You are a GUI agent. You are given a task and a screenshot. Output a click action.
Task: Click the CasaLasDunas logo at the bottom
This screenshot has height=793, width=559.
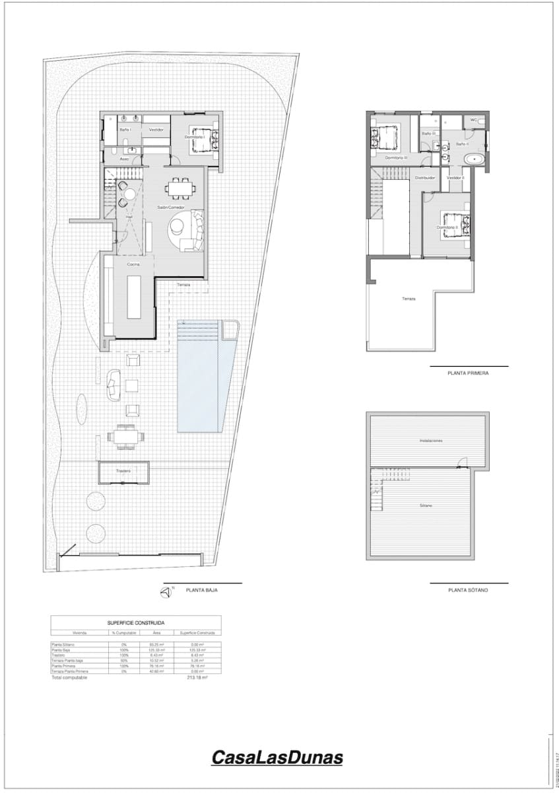[277, 757]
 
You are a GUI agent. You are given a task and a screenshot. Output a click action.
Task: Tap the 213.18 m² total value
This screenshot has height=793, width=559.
[197, 677]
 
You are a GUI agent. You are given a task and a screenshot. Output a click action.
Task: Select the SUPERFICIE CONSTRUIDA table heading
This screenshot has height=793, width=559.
[136, 623]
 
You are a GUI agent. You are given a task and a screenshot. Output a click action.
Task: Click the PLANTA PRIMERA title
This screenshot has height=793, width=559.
[468, 373]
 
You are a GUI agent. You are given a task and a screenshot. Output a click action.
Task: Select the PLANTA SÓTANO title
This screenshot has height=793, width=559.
[468, 589]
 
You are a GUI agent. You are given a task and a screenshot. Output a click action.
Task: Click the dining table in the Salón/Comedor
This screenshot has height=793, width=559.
[178, 189]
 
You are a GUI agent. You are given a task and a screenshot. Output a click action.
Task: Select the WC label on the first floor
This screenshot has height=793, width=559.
[473, 120]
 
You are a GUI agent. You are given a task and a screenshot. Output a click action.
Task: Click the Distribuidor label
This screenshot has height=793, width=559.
[424, 178]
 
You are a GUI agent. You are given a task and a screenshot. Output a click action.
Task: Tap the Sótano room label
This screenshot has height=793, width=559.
[426, 506]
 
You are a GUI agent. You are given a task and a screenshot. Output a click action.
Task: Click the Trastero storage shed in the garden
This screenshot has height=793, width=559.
[123, 472]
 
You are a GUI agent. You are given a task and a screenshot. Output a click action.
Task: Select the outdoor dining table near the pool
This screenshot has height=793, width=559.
[124, 436]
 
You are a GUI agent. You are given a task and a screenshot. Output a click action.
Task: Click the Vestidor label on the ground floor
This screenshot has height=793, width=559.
[156, 130]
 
